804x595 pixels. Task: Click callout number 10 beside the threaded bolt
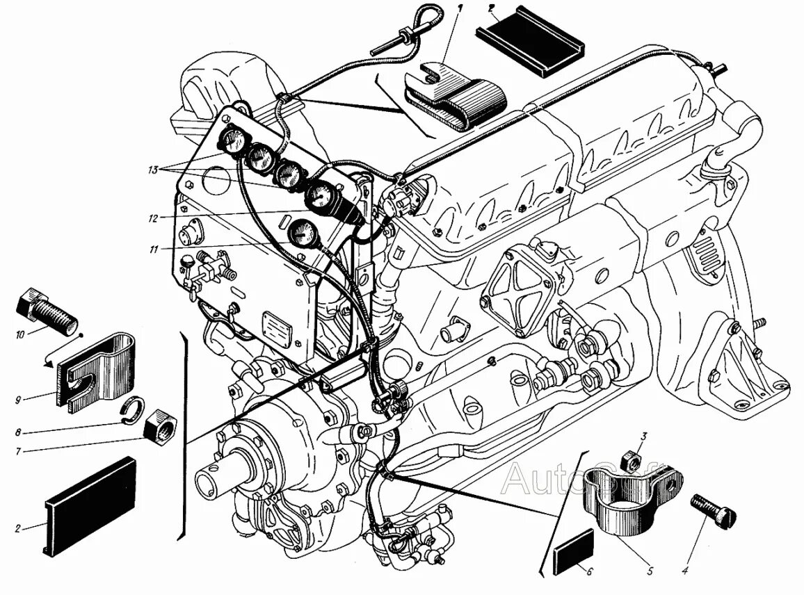click(20, 334)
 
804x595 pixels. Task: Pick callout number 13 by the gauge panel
click(154, 169)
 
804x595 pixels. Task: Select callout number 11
click(154, 247)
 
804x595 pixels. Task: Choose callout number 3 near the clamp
click(644, 437)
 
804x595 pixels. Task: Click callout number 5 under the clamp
click(650, 571)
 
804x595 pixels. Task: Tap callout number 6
click(590, 571)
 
